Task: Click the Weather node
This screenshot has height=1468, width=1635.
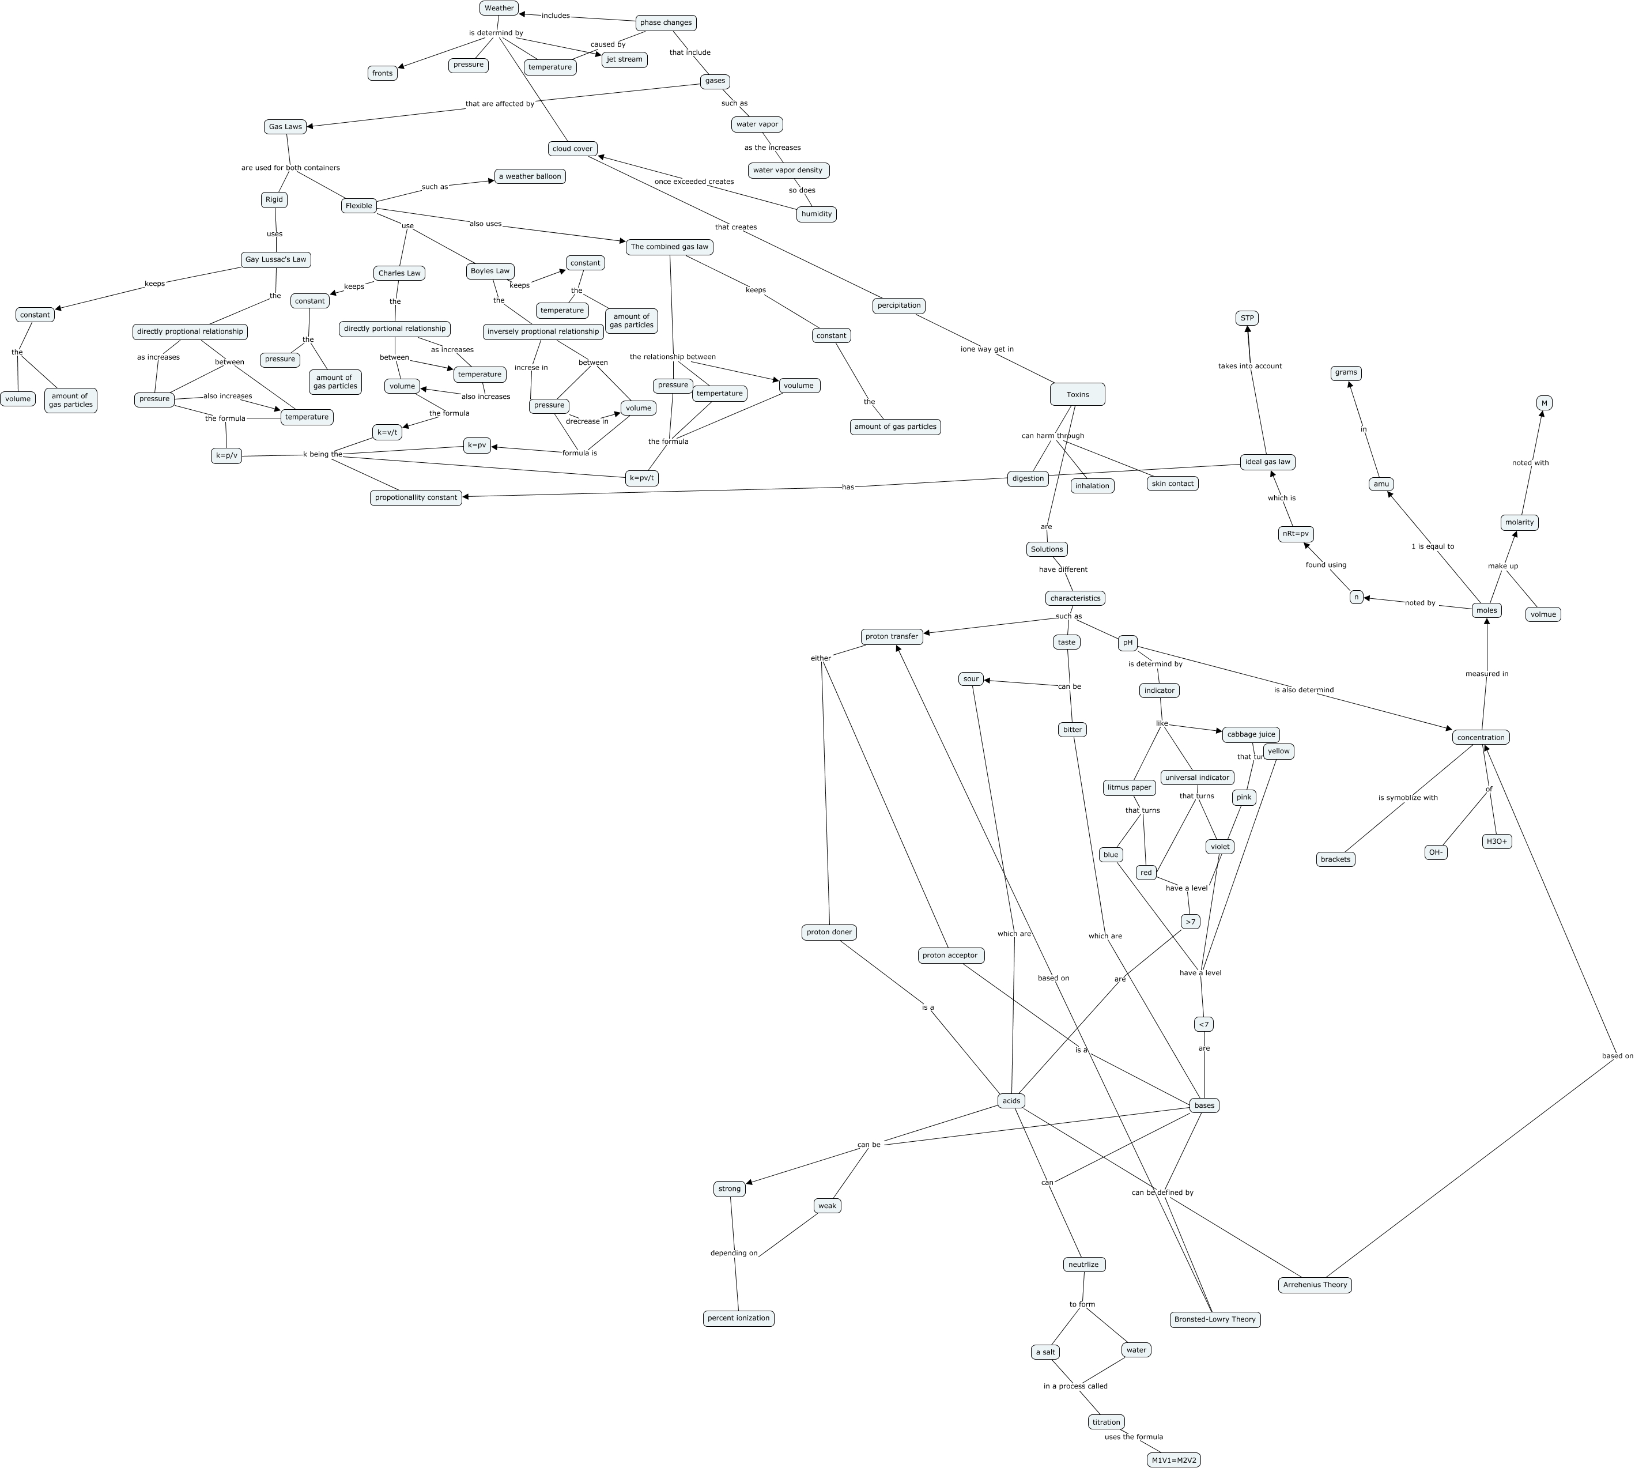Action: click(499, 8)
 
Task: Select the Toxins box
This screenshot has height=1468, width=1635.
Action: click(1077, 394)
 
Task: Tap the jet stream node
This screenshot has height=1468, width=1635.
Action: click(624, 59)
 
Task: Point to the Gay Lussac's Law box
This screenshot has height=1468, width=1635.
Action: click(276, 260)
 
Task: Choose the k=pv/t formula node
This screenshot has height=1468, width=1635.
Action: click(641, 478)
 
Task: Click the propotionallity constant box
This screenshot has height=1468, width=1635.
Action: click(416, 497)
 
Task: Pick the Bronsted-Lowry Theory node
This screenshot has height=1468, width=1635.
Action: click(1215, 1320)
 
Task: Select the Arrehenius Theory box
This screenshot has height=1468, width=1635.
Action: click(1315, 1285)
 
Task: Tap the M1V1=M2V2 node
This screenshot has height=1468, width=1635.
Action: click(1173, 1460)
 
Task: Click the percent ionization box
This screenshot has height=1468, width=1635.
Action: click(738, 1318)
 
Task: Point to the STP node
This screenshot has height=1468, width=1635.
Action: click(1247, 319)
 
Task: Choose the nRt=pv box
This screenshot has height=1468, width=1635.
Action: click(1296, 534)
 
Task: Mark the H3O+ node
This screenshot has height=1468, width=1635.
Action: click(1496, 841)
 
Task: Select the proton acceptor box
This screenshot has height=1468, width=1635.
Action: click(950, 955)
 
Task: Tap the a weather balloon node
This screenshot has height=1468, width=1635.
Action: click(530, 176)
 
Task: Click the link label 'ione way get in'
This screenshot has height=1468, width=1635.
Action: click(987, 349)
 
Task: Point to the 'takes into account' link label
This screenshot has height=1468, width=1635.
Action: click(1249, 366)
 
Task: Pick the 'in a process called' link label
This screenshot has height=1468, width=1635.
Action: click(1075, 1386)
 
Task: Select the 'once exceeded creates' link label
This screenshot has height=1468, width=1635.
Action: click(694, 182)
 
